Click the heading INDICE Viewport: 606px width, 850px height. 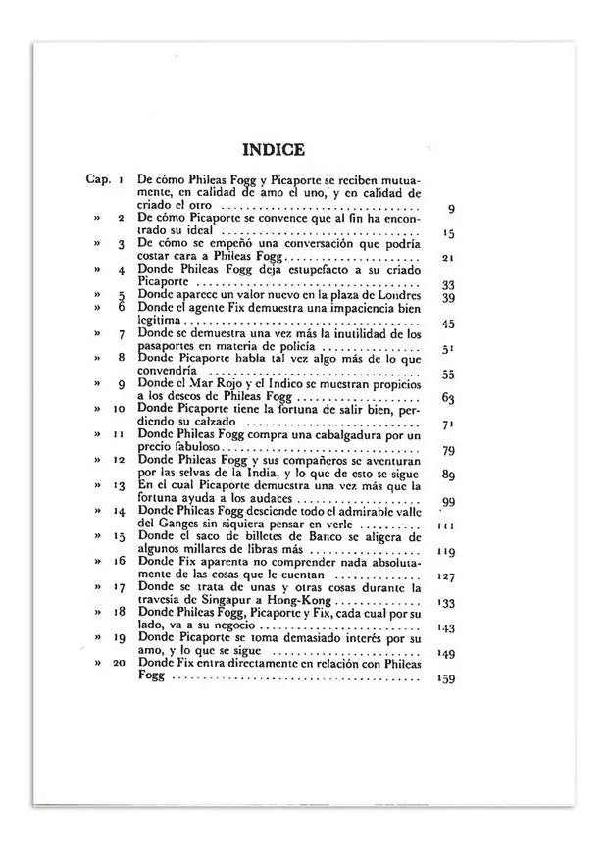(273, 150)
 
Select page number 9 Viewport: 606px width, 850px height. (449, 208)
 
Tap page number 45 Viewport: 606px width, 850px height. (448, 324)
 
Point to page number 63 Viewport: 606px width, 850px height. (448, 398)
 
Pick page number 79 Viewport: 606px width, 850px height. (448, 451)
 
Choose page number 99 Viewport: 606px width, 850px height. (448, 502)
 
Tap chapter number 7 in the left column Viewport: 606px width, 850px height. (121, 334)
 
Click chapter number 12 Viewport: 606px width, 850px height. (119, 460)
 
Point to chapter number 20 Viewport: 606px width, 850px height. (119, 664)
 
